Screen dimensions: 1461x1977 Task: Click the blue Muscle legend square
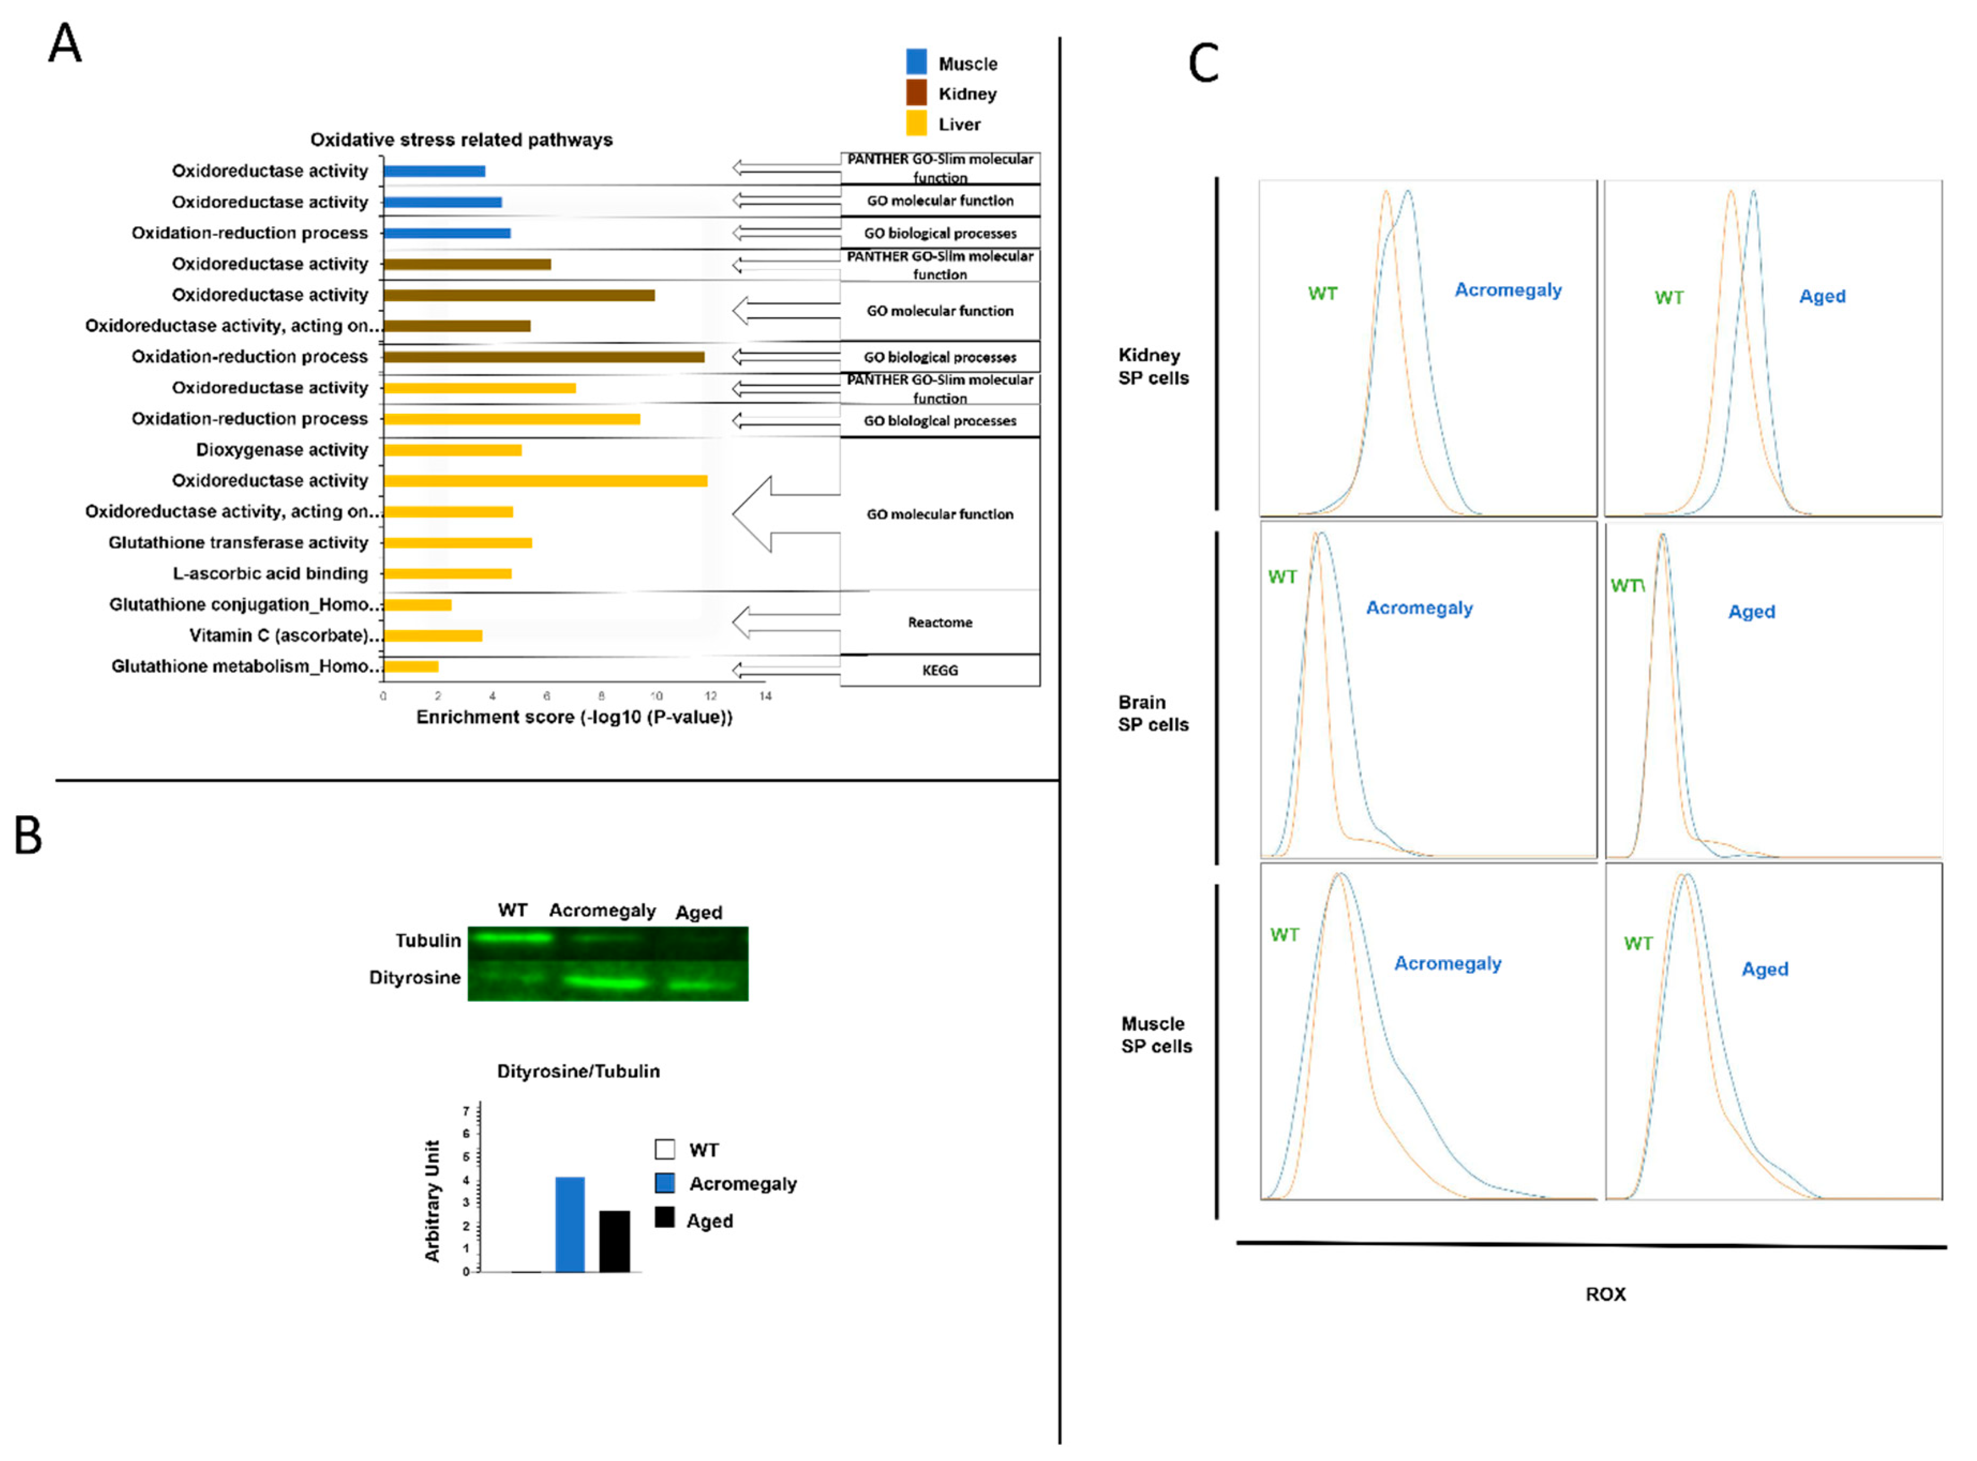917,62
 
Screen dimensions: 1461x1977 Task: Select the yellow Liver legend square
917,123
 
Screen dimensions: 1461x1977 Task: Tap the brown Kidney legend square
917,92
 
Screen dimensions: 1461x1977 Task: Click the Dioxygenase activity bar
453,450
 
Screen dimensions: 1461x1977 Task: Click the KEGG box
940,670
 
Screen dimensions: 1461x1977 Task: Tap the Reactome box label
940,623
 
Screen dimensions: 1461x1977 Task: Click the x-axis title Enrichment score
575,717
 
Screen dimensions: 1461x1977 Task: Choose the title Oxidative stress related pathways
461,140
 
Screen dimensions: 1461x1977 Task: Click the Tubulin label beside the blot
428,940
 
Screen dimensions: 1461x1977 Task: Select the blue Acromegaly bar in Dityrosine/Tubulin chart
570,1224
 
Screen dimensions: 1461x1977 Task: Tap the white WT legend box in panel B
665,1150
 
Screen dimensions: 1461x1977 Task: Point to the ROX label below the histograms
1605,1294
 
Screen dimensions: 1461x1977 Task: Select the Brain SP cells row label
1153,713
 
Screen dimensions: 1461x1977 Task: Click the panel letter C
1203,64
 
